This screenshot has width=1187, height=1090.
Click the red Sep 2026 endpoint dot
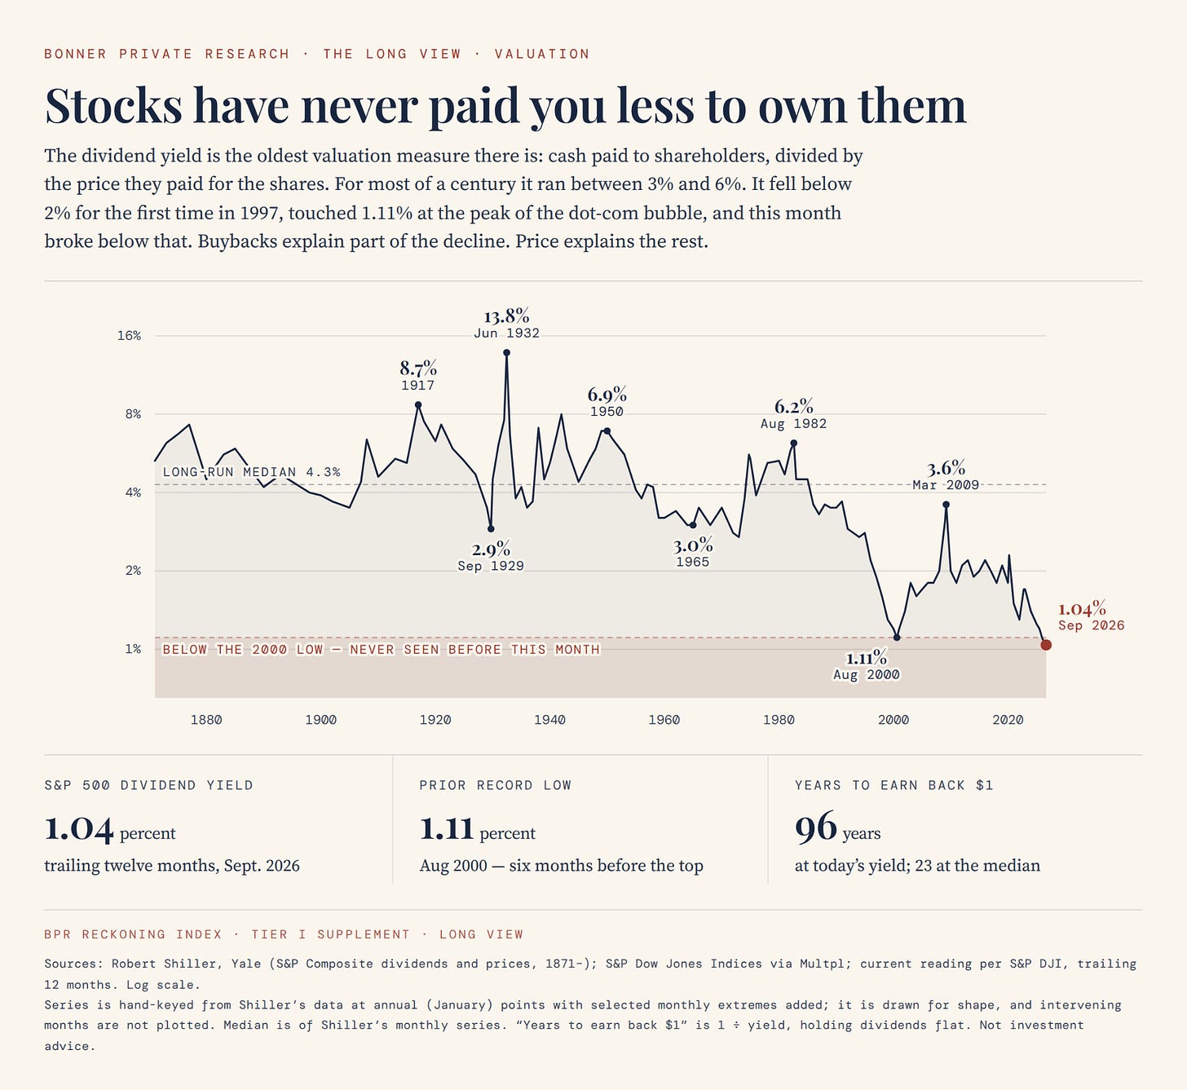click(x=1046, y=645)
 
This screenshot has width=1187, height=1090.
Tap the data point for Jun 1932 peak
click(x=506, y=353)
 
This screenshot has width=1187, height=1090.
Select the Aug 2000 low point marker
click(x=897, y=638)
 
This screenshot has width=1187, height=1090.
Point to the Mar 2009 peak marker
click(x=947, y=505)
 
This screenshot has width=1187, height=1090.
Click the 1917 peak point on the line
click(x=418, y=404)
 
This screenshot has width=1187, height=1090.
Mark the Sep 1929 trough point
click(x=491, y=529)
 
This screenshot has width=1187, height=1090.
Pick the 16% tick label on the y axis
click(x=129, y=336)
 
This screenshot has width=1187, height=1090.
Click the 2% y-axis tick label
click(x=133, y=571)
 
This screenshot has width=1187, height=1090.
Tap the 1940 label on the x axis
click(x=549, y=720)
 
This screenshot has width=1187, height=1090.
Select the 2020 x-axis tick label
click(x=1008, y=720)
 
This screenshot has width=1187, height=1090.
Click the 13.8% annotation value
click(x=506, y=316)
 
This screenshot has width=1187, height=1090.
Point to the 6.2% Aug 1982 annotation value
click(x=793, y=407)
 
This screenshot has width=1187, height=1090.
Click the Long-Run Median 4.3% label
click(x=251, y=472)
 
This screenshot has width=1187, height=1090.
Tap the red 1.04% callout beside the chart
click(x=1082, y=609)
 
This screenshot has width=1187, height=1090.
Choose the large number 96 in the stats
click(x=816, y=828)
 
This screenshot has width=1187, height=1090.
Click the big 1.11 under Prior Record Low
click(x=446, y=828)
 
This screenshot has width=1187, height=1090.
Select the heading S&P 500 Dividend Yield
click(x=148, y=785)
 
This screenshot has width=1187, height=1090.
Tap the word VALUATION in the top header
click(x=542, y=54)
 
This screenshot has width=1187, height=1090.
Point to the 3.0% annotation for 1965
click(x=693, y=545)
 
